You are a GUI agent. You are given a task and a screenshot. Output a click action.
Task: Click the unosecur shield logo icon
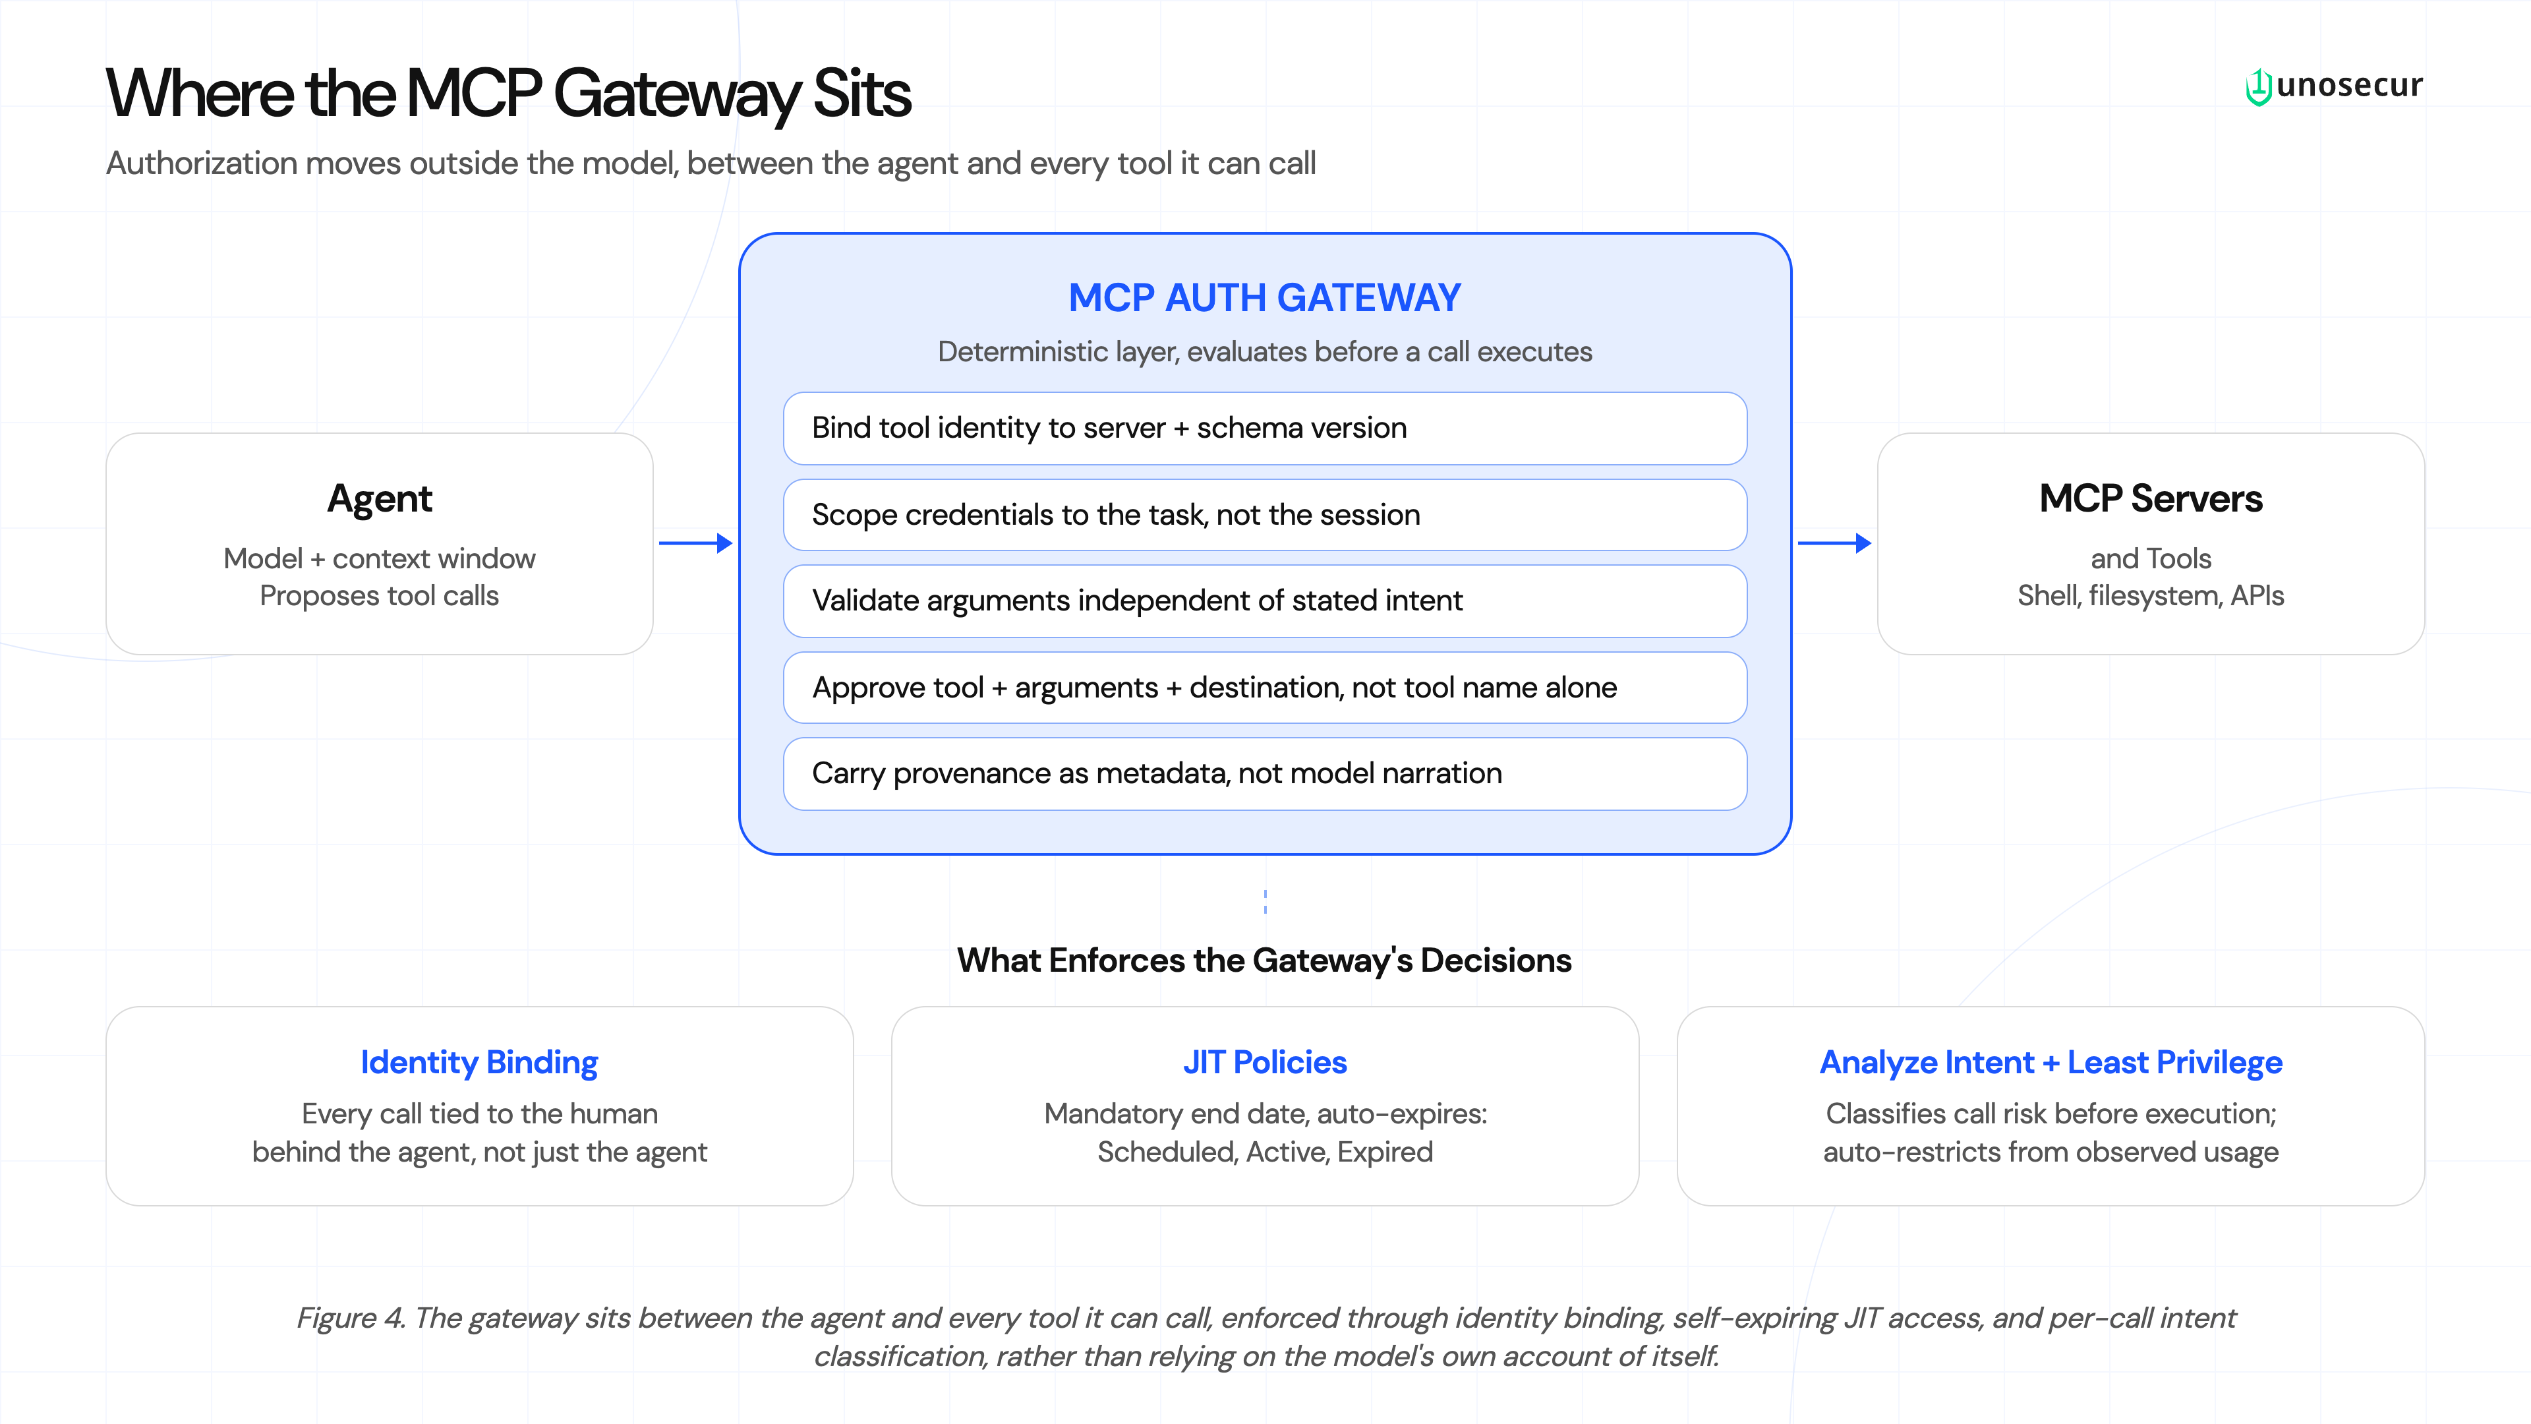point(2258,86)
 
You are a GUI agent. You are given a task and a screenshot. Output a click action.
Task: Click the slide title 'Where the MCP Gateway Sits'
point(508,94)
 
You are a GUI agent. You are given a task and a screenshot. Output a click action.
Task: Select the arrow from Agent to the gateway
point(695,543)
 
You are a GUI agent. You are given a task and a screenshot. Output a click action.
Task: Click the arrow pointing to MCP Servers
point(1834,543)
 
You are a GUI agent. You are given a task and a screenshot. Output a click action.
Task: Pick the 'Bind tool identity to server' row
point(1265,429)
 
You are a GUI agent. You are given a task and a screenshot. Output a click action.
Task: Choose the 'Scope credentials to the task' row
point(1265,515)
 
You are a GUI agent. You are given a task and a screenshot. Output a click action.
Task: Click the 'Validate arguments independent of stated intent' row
point(1265,601)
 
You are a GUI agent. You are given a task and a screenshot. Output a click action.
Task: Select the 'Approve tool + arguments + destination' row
point(1265,687)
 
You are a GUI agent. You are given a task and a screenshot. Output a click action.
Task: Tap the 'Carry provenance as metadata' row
point(1265,773)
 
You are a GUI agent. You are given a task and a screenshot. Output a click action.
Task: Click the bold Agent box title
point(379,499)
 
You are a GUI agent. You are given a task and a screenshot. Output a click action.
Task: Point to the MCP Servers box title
point(2151,498)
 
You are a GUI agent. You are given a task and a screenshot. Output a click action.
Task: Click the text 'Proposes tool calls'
point(379,595)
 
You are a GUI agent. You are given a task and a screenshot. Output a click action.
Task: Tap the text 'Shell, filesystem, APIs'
point(2151,595)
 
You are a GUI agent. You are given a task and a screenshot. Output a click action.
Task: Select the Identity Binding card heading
point(479,1062)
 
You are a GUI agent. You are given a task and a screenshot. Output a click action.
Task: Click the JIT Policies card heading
point(1265,1062)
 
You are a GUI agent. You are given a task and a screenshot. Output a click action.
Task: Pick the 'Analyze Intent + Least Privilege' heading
point(2051,1062)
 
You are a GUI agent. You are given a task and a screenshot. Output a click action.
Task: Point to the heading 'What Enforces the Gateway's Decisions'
point(1265,960)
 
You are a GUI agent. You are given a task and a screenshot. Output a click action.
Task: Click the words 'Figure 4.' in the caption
point(351,1318)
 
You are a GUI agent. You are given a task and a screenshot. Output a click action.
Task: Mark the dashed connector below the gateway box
point(1265,901)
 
